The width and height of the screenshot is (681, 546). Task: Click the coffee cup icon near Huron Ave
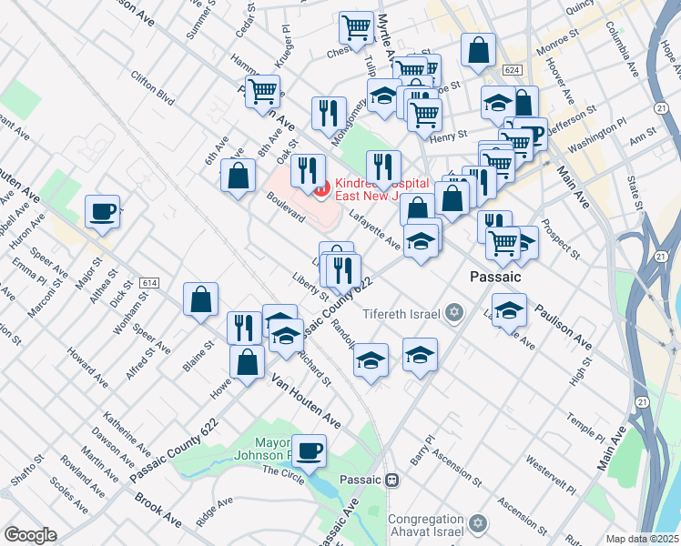(102, 212)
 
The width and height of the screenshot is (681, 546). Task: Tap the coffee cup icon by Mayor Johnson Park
(310, 450)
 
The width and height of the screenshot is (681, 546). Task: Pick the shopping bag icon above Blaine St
(200, 298)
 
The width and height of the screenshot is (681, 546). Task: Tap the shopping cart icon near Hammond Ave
(263, 90)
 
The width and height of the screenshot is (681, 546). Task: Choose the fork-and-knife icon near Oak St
(309, 169)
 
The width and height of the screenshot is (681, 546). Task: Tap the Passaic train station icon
(392, 480)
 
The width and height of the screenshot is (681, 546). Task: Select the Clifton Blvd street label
(152, 86)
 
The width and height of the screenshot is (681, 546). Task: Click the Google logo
(31, 535)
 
